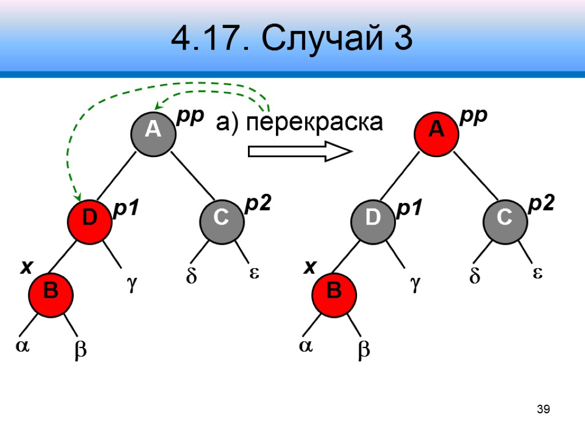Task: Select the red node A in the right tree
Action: coord(436,130)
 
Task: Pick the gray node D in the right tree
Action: coord(372,218)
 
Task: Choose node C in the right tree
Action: coord(504,218)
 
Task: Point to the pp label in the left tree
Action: coord(190,116)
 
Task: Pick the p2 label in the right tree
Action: coord(541,204)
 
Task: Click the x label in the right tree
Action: coord(309,267)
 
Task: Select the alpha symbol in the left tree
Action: coord(22,348)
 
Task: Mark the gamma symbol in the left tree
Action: coord(132,284)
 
